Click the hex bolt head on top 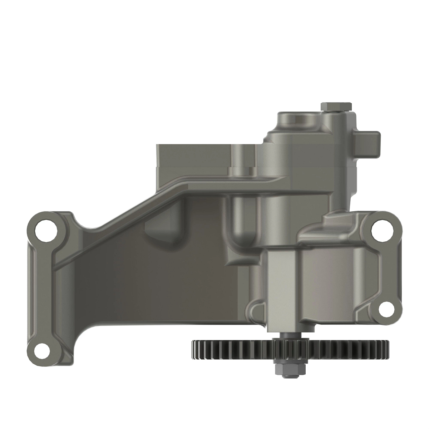pos(336,106)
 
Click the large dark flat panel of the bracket pos(154,279)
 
